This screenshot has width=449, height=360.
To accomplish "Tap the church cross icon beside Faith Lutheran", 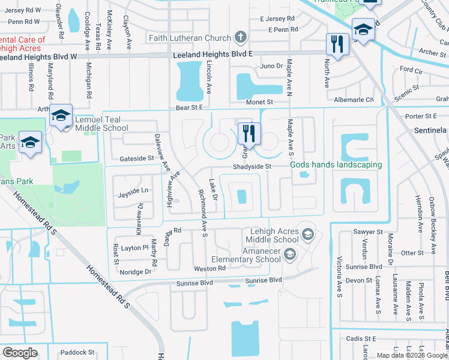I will [x=240, y=38].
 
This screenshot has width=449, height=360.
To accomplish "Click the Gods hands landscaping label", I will [x=336, y=165].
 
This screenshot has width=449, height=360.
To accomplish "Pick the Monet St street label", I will [x=258, y=103].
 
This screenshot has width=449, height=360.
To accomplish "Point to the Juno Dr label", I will [x=271, y=66].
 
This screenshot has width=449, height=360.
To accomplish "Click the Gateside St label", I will [x=137, y=158].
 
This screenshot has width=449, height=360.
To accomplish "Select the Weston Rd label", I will [x=209, y=268].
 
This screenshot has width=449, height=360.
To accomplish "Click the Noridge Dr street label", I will [x=136, y=272].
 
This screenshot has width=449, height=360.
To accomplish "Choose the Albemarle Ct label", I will [x=353, y=99].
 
